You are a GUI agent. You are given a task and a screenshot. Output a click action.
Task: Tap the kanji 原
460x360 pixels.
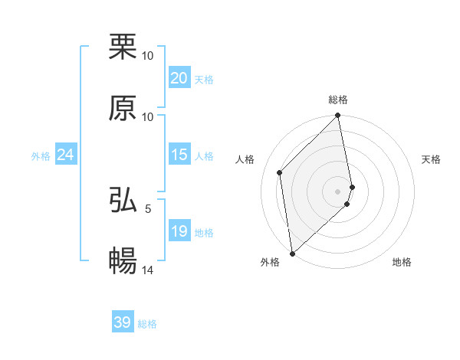click(123, 108)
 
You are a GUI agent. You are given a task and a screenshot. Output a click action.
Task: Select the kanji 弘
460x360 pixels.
click(123, 200)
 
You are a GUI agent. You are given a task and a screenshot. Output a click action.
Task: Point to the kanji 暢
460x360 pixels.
click(123, 261)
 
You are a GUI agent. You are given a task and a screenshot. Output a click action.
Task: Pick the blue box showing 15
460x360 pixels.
click(179, 154)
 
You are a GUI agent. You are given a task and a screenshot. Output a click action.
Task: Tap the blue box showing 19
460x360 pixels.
click(179, 231)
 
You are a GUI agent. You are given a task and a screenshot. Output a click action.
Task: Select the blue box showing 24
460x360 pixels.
click(65, 155)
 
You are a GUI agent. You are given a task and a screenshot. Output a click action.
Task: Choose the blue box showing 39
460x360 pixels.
click(123, 322)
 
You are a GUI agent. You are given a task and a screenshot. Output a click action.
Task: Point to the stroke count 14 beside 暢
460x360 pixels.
click(149, 270)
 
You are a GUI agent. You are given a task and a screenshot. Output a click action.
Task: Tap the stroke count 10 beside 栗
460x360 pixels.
click(148, 55)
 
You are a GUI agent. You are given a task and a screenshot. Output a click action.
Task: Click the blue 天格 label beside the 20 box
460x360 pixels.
click(204, 79)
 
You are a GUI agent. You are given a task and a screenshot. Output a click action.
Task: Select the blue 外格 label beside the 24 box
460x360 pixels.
click(41, 156)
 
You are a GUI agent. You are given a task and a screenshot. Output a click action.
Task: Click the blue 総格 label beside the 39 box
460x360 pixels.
click(147, 324)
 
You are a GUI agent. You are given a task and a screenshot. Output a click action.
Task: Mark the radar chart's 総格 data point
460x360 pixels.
click(337, 116)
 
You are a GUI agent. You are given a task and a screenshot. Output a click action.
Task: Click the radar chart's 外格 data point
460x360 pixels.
click(292, 253)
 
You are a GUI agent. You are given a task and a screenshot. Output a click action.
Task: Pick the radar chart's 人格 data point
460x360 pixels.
click(280, 172)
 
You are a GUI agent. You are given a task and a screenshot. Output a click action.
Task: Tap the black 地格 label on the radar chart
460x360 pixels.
click(402, 262)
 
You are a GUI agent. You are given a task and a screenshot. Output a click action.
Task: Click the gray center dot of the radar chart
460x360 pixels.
click(337, 191)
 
